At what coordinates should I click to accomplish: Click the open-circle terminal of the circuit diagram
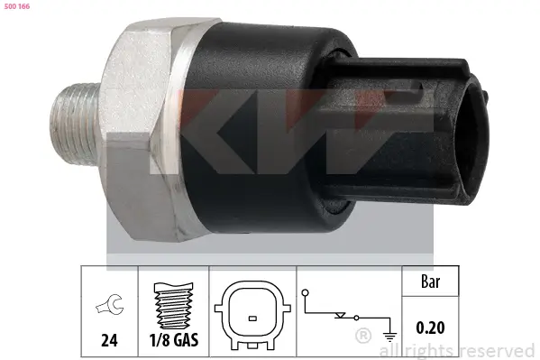[x=306, y=291]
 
